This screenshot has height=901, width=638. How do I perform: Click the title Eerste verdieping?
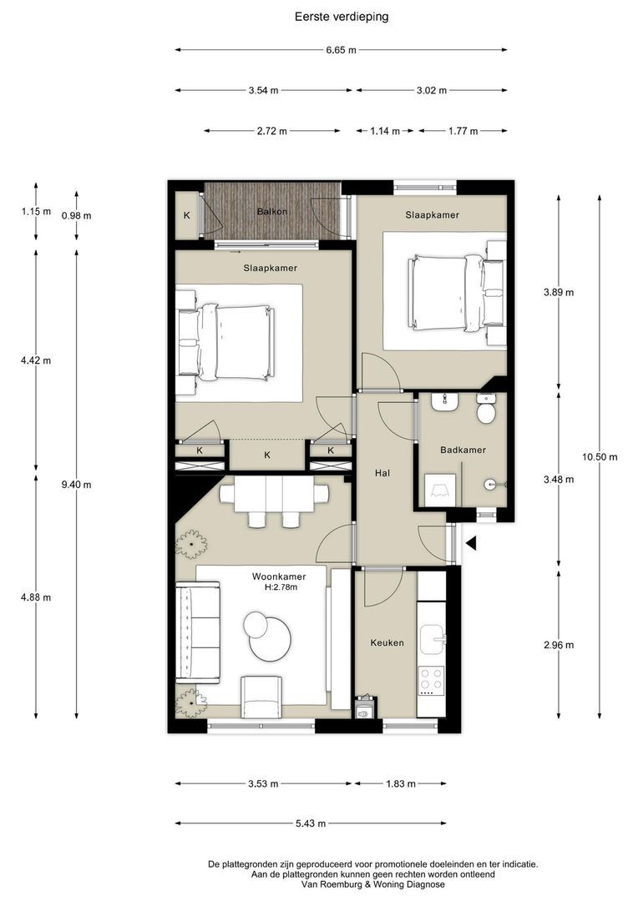[x=342, y=17]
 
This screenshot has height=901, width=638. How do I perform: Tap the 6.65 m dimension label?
[x=342, y=50]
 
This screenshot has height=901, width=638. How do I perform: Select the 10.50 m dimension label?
[x=600, y=457]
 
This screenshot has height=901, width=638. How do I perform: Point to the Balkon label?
[x=272, y=211]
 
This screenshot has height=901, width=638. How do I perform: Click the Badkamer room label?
[x=463, y=450]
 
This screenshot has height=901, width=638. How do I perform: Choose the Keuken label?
[x=387, y=642]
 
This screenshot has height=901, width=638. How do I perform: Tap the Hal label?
[x=382, y=473]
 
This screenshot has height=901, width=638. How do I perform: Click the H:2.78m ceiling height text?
[x=281, y=587]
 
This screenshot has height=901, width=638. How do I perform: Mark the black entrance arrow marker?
[x=471, y=543]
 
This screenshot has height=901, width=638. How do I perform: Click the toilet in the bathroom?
[x=486, y=409]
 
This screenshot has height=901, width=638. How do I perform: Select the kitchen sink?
[x=432, y=637]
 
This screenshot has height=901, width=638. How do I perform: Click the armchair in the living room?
[x=261, y=697]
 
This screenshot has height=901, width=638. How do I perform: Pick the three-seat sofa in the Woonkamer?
[x=197, y=632]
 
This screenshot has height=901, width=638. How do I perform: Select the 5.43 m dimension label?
[x=311, y=823]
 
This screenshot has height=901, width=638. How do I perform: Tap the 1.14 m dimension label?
[x=385, y=131]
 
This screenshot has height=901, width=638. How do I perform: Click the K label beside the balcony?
[x=187, y=215]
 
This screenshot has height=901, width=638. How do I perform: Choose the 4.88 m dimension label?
[x=36, y=597]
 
